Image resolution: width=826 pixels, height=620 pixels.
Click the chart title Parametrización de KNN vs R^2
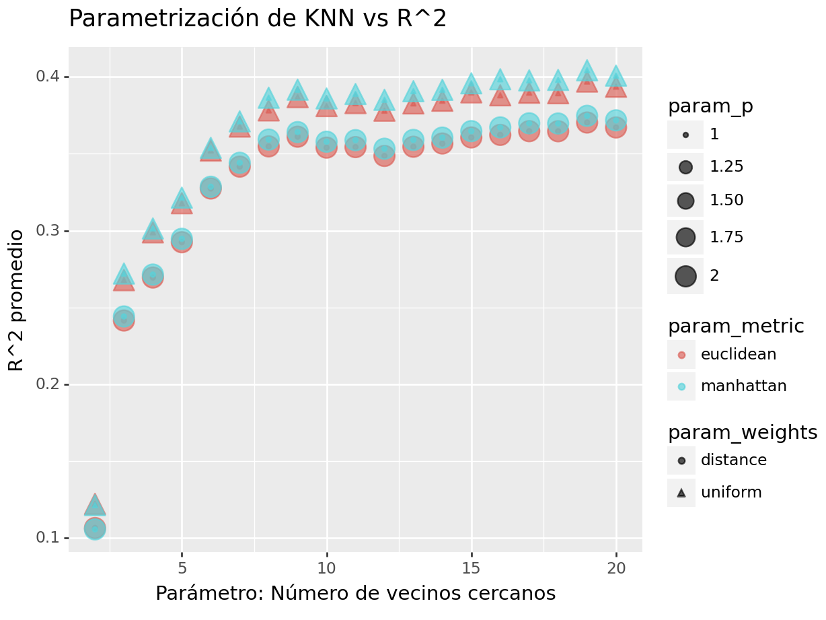coord(258,19)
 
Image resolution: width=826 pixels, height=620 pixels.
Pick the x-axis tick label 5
coord(182,567)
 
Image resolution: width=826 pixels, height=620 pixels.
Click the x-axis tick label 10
coord(326,567)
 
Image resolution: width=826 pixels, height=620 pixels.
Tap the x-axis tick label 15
coord(471,567)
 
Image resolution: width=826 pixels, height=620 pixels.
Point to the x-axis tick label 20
coord(615,567)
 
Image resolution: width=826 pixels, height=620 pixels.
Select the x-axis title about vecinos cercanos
coord(355,594)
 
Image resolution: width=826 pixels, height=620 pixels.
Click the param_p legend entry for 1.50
coord(685,201)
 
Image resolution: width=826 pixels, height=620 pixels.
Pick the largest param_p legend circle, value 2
coord(685,276)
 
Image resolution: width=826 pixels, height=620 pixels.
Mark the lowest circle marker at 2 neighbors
coord(95,528)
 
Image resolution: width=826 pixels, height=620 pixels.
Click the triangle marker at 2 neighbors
coord(95,505)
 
